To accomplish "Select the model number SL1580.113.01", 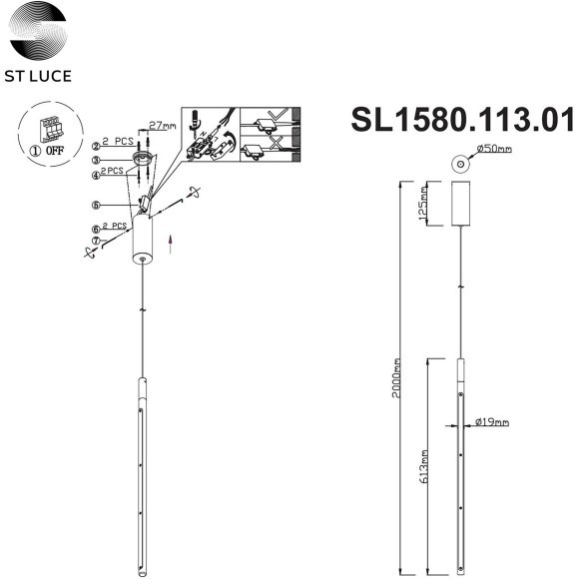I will [462, 120].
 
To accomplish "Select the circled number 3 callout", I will [96, 159].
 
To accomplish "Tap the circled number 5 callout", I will [96, 206].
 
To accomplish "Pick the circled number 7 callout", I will [96, 241].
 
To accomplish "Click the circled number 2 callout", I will [96, 145].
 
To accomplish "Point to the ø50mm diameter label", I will [494, 150].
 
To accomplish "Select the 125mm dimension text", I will [423, 205].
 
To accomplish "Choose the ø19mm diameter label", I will [493, 422].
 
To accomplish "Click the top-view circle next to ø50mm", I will [459, 162].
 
